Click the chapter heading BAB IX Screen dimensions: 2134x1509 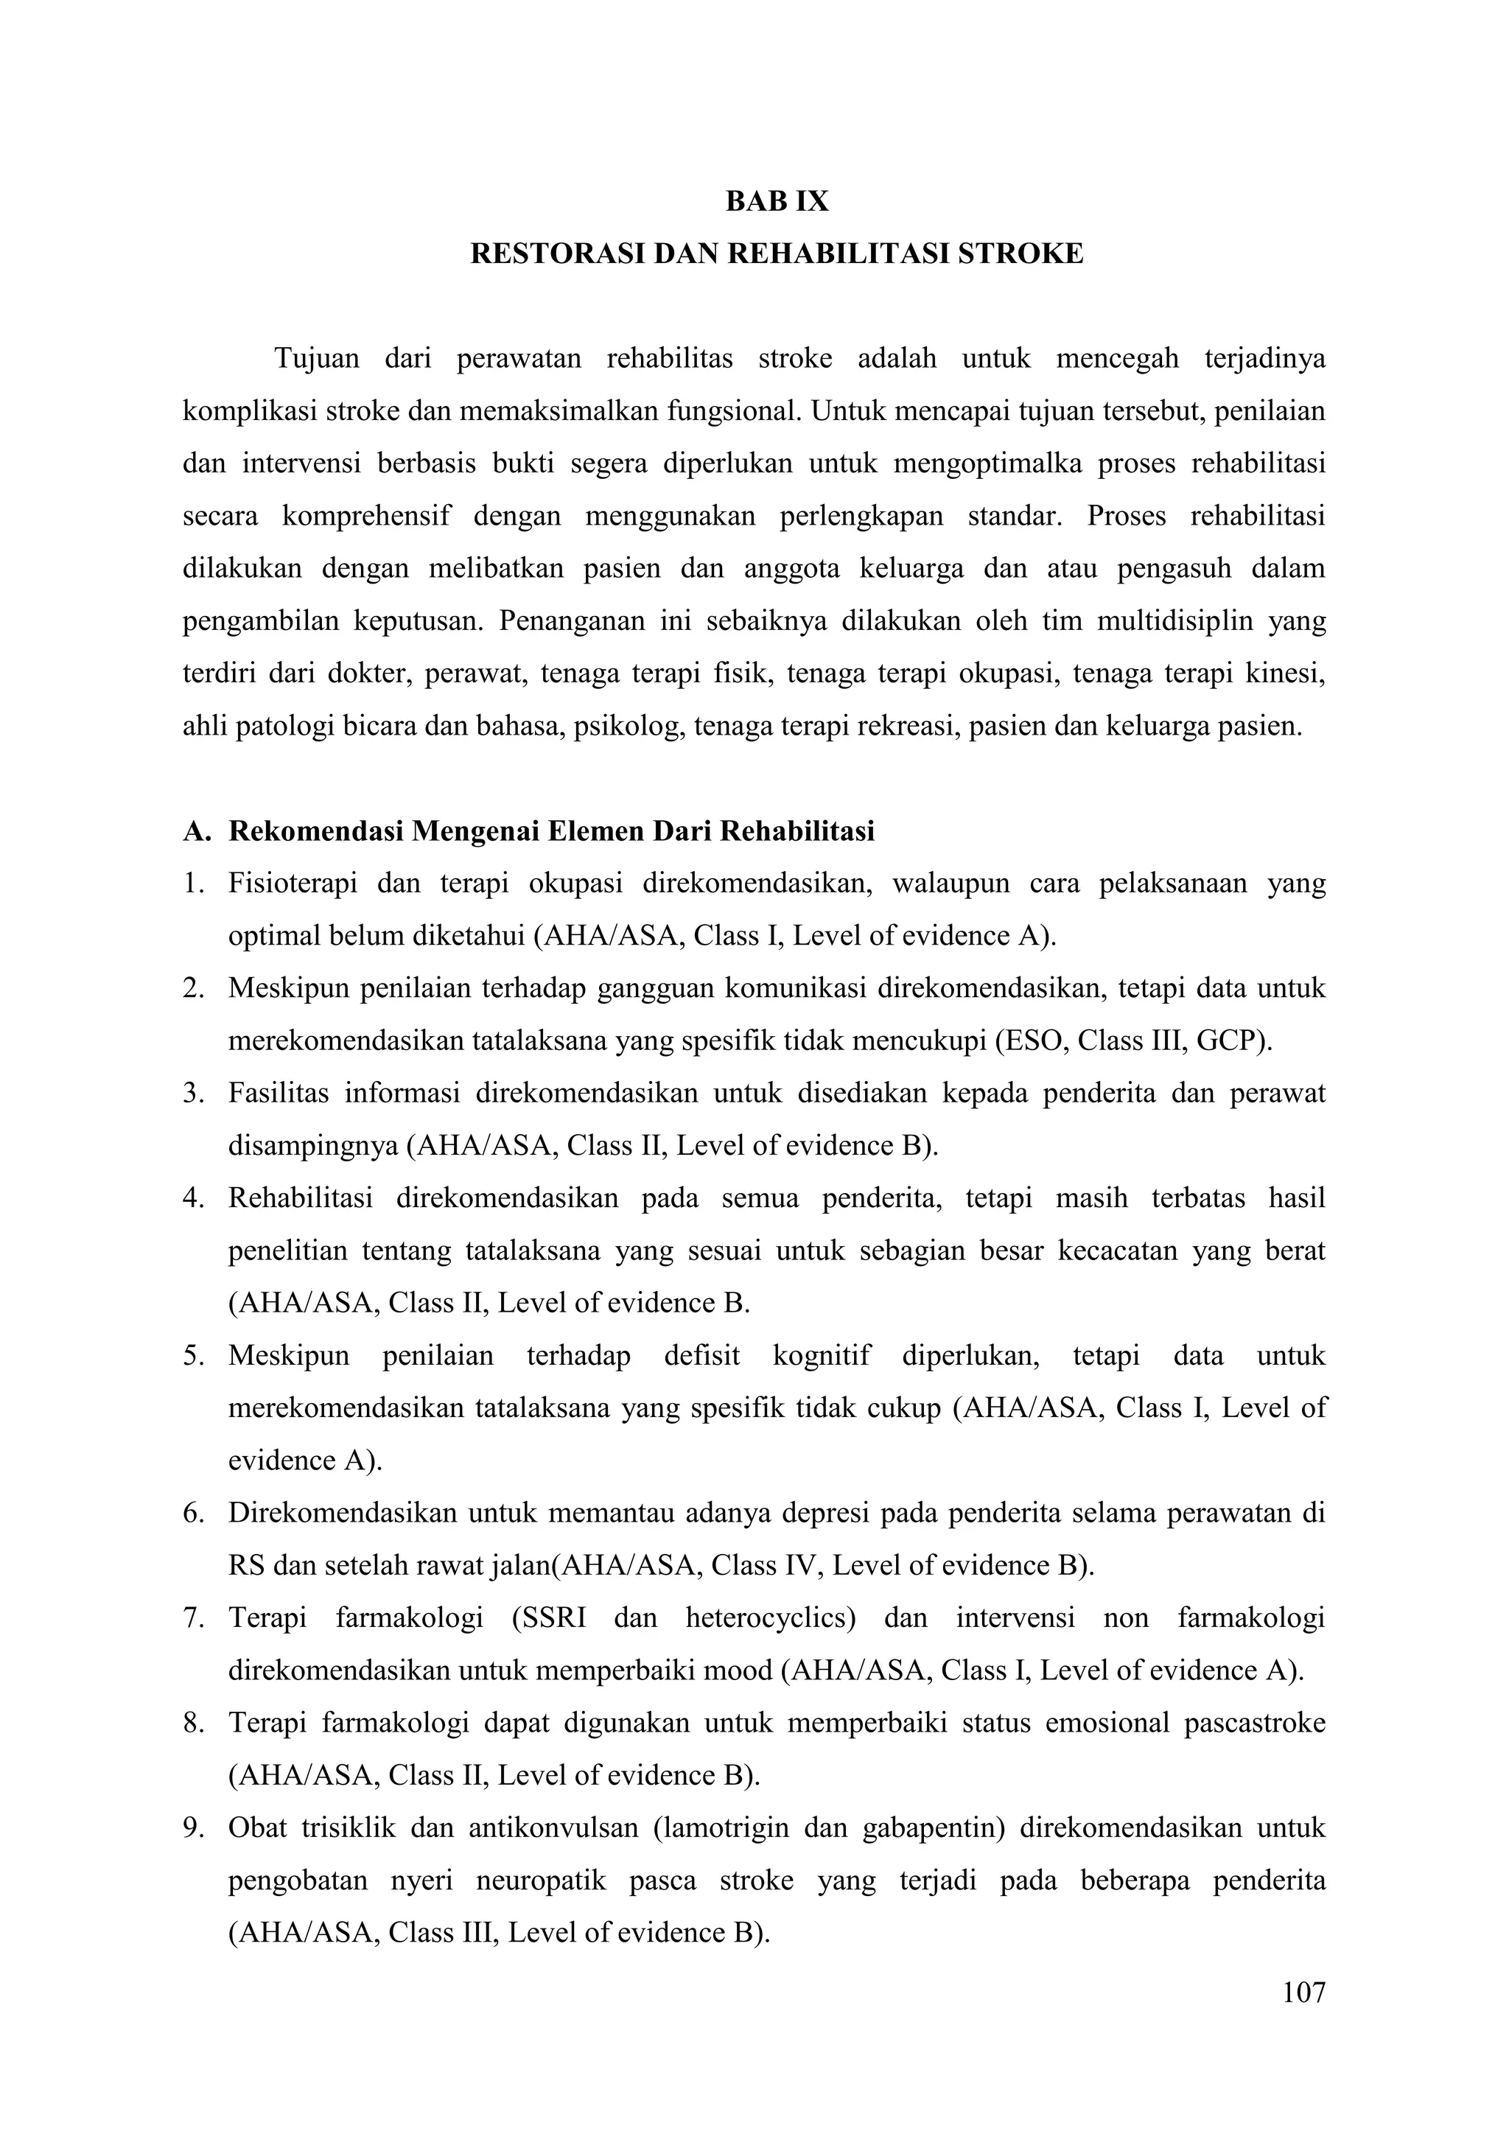pos(777,202)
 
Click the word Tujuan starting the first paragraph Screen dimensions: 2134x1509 pos(317,359)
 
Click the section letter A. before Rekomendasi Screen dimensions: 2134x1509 pos(197,831)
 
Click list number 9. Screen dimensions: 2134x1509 pos(192,1828)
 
